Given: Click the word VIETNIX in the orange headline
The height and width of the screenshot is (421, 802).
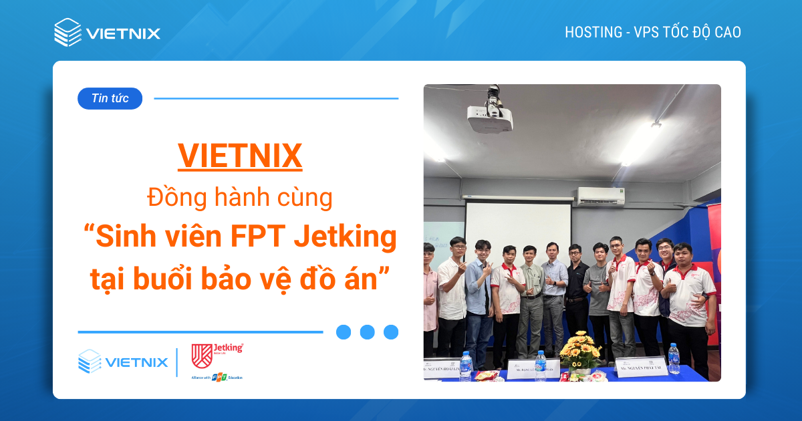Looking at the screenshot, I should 240,156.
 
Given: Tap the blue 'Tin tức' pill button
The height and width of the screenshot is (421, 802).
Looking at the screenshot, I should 110,99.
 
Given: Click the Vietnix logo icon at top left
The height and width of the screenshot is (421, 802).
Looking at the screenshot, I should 68,32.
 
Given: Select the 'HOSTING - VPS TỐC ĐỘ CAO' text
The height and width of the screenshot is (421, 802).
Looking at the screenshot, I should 652,32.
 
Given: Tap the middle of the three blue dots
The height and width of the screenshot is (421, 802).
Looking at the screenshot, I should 367,332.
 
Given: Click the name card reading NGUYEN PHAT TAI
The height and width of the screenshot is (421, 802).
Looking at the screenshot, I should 641,368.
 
